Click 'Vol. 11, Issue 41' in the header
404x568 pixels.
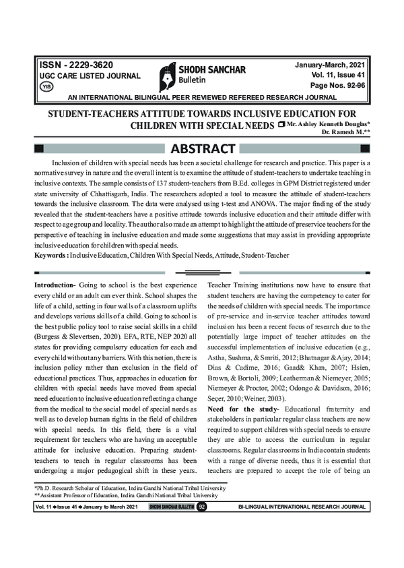[x=334, y=76]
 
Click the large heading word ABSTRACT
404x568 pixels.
[x=201, y=148]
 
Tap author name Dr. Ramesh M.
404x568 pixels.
[x=346, y=134]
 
